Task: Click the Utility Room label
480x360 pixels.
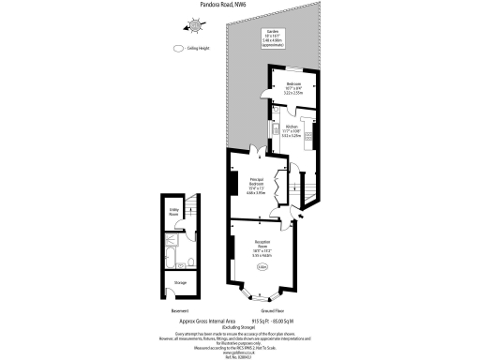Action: (174, 213)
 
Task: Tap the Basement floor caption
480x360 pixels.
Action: (180, 309)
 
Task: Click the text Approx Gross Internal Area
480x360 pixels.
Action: (240, 319)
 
